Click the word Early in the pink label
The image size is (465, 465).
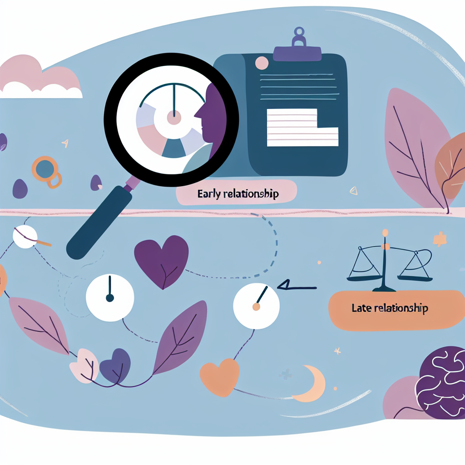point(209,194)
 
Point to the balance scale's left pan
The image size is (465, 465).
point(364,278)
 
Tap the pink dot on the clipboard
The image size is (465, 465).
point(262,63)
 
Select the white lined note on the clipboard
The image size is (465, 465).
point(302,128)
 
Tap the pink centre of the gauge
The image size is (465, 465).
point(174,118)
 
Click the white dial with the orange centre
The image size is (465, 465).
point(256,306)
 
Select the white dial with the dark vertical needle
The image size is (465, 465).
point(110,297)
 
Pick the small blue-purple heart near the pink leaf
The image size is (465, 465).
point(115,366)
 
